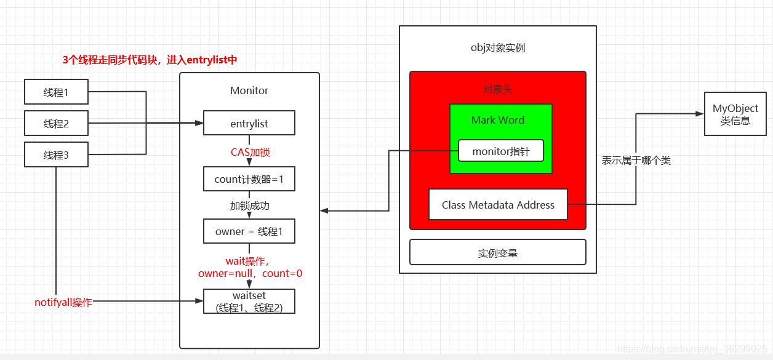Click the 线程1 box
[56, 92]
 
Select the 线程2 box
[56, 124]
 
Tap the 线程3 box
[56, 155]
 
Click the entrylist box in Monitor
[249, 123]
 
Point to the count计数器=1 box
[249, 179]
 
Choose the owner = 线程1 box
[249, 231]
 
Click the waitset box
[249, 302]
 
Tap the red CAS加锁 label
[250, 152]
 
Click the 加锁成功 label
[250, 206]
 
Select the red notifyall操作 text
[63, 302]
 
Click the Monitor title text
[249, 90]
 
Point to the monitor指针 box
[500, 151]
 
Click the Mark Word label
[498, 120]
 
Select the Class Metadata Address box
[498, 205]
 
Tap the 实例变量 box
[497, 252]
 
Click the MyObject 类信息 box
[735, 114]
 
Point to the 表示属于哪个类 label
[636, 160]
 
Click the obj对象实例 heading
[497, 48]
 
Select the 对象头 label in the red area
[497, 89]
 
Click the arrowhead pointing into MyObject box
[700, 114]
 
